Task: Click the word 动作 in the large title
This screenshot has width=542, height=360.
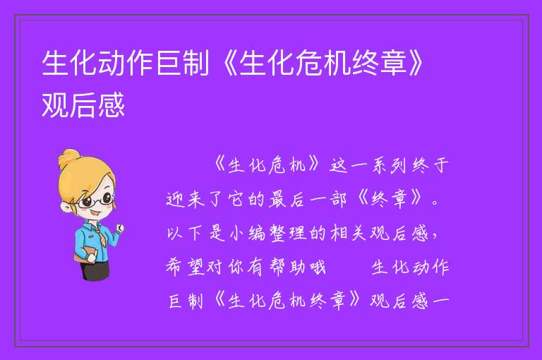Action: pos(126,63)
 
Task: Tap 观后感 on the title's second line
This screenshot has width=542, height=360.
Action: pos(83,104)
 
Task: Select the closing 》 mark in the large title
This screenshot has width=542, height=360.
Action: pos(416,63)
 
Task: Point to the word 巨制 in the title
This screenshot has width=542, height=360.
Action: pos(183,63)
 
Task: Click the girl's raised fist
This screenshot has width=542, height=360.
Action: pos(119,228)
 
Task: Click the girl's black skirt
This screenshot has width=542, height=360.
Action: pos(96,270)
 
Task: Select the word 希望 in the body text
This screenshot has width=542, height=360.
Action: pos(185,268)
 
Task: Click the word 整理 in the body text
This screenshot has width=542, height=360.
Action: pos(289,233)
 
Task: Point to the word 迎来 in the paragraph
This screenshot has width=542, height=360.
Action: pos(186,200)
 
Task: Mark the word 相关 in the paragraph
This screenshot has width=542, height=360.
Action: pos(349,233)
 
